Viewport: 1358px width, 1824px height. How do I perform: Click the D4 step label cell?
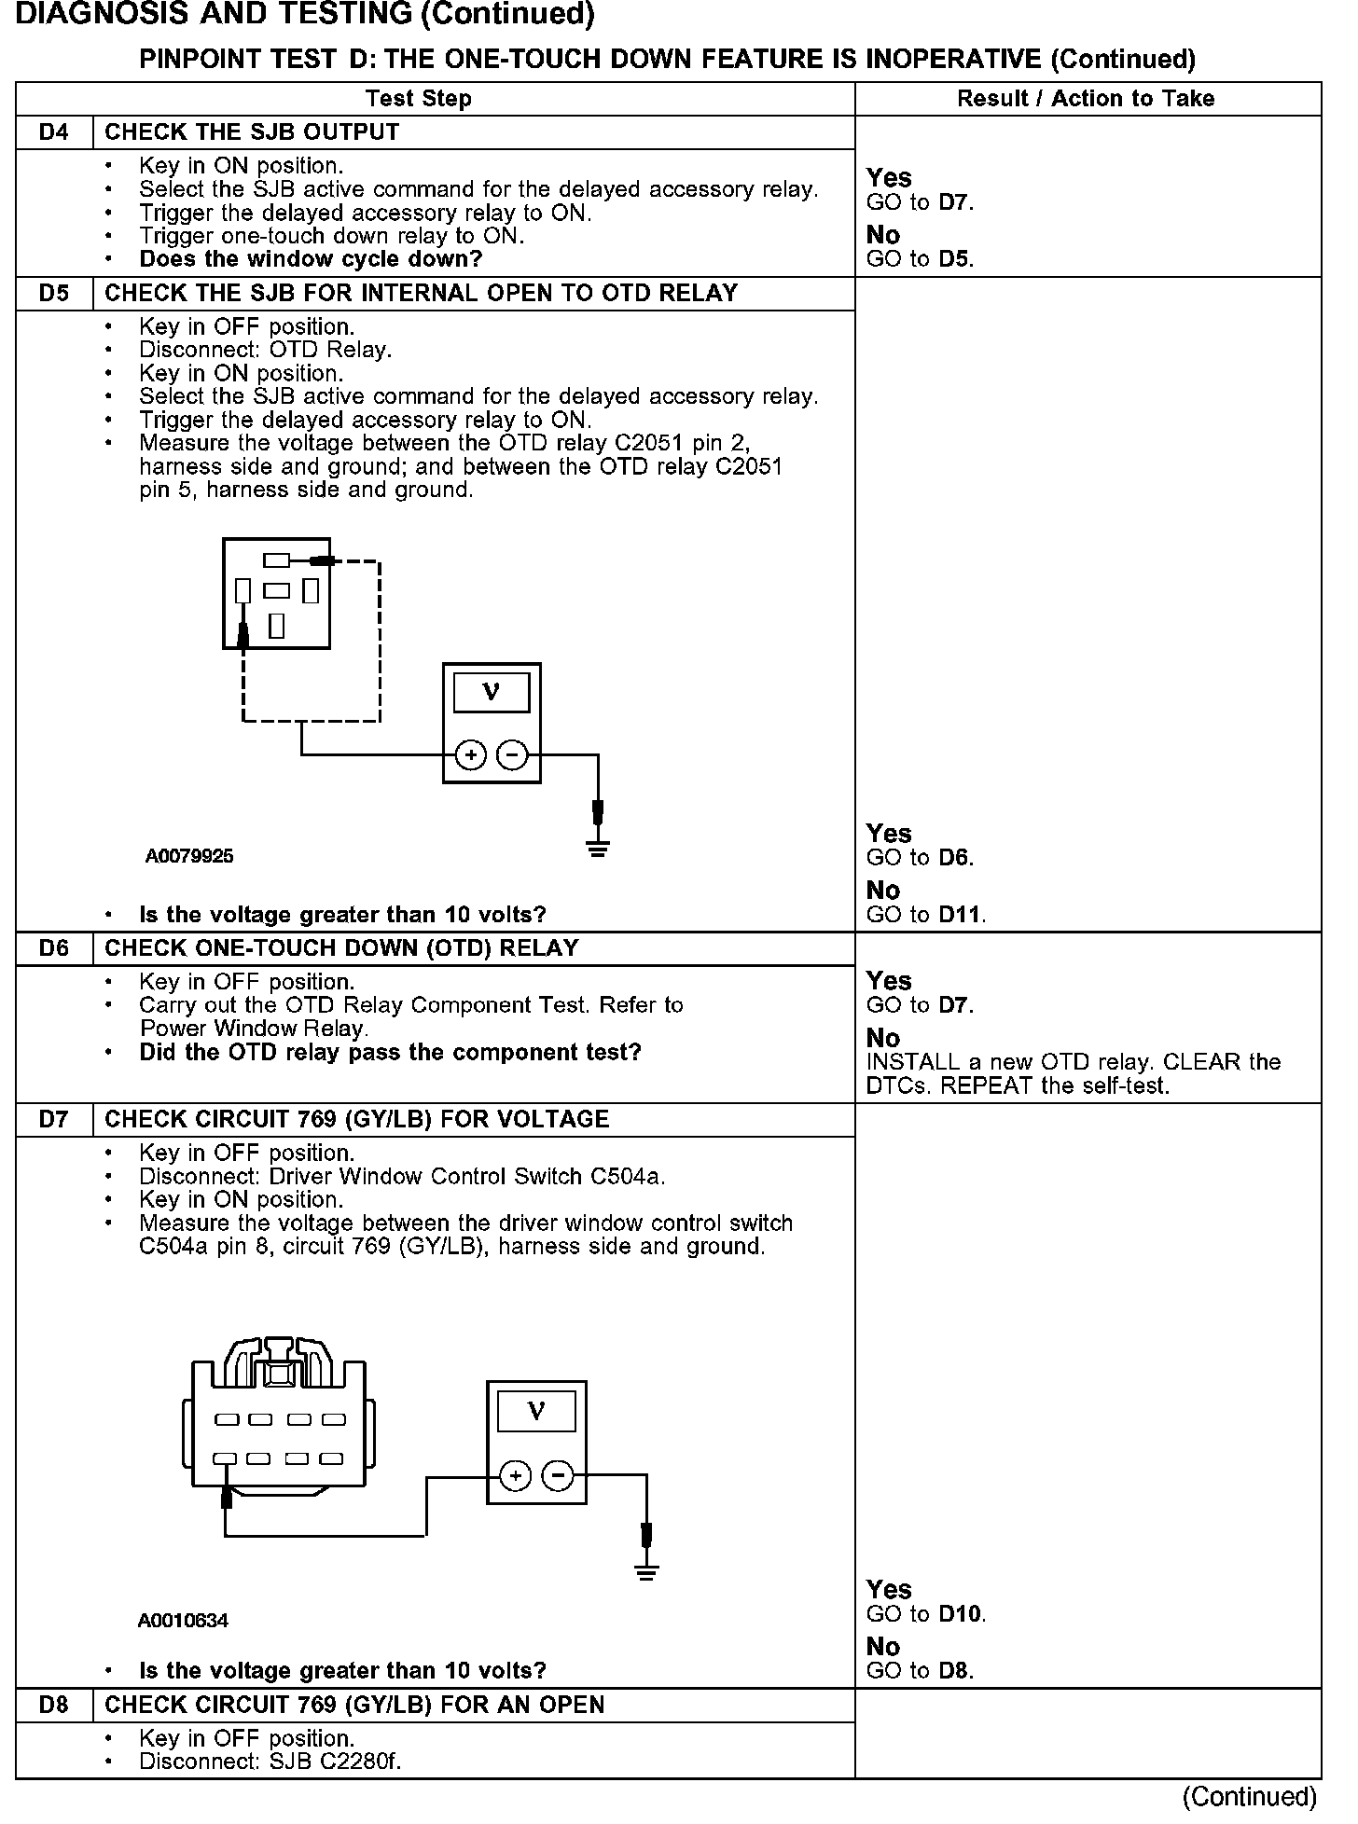point(54,132)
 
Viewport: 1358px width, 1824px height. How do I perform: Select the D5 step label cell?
point(54,294)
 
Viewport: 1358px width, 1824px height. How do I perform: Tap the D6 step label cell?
point(54,948)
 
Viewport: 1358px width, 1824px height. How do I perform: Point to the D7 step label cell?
point(54,1119)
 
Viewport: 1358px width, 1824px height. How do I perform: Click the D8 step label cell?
point(54,1705)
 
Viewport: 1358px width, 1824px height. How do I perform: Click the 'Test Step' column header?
point(418,99)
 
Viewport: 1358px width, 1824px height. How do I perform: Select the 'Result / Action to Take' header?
point(1086,99)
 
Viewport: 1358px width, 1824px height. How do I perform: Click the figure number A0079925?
point(189,856)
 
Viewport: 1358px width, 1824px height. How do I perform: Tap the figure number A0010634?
point(183,1621)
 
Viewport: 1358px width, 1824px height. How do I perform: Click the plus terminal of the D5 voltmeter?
point(471,754)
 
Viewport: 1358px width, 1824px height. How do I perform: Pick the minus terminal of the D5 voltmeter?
point(512,754)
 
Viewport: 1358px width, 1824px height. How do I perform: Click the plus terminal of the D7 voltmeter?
point(516,1475)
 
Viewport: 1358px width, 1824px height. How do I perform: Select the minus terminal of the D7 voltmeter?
point(558,1475)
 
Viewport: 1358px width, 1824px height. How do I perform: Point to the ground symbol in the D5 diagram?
point(598,848)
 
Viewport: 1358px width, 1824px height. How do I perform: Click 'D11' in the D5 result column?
point(961,915)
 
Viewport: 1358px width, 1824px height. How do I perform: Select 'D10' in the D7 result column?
point(961,1614)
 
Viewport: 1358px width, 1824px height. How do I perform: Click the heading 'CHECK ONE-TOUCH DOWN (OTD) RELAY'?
point(341,948)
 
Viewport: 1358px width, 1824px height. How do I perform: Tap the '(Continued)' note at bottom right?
point(1250,1796)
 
